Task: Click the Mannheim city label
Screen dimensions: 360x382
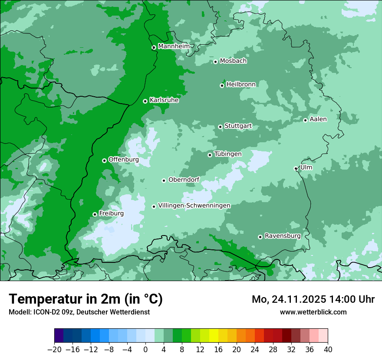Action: click(174, 46)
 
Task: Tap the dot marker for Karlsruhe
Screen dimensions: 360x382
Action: click(145, 101)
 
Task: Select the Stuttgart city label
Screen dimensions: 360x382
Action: click(238, 126)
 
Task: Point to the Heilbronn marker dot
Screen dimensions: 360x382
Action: click(222, 85)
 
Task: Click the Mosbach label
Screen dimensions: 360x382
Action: click(233, 61)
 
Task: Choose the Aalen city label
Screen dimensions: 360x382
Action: click(318, 119)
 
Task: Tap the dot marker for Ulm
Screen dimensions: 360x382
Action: click(296, 168)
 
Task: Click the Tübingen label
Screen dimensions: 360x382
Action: click(228, 154)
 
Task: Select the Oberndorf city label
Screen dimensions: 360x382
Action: click(184, 180)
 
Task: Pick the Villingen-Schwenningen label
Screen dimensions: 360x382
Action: click(194, 206)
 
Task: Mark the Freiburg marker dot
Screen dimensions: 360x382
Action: click(95, 214)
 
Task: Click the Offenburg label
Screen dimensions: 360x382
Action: click(123, 160)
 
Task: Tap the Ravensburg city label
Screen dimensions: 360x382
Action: click(283, 236)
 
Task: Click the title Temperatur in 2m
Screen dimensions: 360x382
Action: click(86, 299)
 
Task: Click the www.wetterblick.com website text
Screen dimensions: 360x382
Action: click(313, 312)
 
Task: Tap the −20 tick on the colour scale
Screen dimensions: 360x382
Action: click(55, 350)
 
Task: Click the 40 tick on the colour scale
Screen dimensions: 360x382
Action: click(328, 350)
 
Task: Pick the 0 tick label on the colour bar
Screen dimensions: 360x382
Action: click(145, 350)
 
